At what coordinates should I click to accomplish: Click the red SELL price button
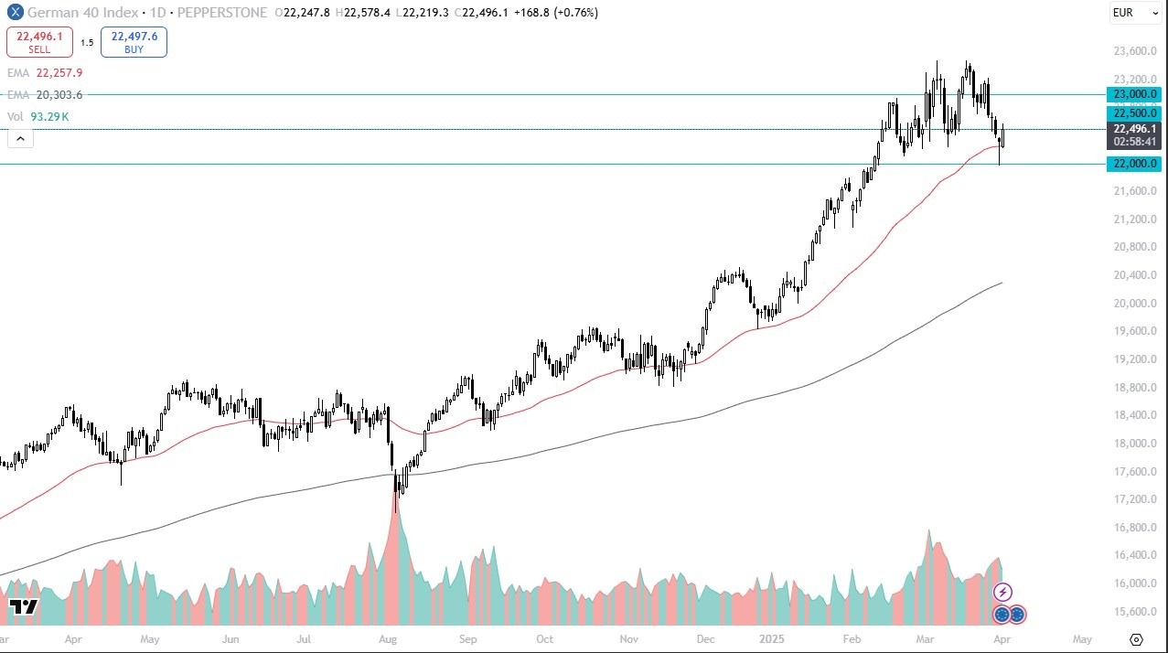coord(39,42)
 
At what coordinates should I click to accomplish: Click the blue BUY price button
coord(134,42)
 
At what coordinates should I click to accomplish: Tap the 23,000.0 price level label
coord(1134,94)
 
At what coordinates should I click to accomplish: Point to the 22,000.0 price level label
coord(1134,164)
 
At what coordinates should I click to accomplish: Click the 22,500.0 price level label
coord(1134,112)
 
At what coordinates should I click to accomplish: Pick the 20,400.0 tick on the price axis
coord(1133,275)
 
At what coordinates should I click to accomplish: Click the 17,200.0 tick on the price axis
coord(1133,499)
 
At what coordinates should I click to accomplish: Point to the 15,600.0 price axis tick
coord(1133,612)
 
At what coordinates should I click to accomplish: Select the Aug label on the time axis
coord(388,639)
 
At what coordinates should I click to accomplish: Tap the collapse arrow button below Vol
coord(20,139)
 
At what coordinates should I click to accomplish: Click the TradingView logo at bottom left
coord(23,607)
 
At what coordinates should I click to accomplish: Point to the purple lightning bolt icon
coord(1003,592)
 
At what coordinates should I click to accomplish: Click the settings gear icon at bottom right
coord(1137,639)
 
